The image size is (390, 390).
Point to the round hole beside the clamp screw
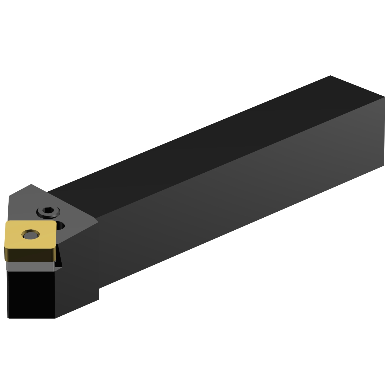pos(60,225)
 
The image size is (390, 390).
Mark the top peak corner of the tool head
pos(31,184)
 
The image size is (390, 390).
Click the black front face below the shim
pos(31,294)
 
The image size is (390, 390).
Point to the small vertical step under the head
pos(99,294)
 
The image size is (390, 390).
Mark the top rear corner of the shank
pos(330,76)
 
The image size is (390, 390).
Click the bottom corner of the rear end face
pos(384,165)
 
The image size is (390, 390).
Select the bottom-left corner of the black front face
pos(9,318)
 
